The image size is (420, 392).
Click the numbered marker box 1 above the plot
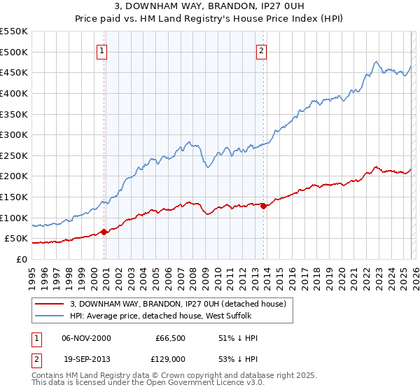click(x=102, y=51)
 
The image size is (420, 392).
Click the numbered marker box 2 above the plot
click(x=261, y=51)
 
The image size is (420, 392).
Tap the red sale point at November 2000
click(x=104, y=232)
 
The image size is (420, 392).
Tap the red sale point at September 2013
click(x=263, y=206)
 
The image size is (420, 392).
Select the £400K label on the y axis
click(x=15, y=93)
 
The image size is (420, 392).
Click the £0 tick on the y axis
click(x=21, y=259)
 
